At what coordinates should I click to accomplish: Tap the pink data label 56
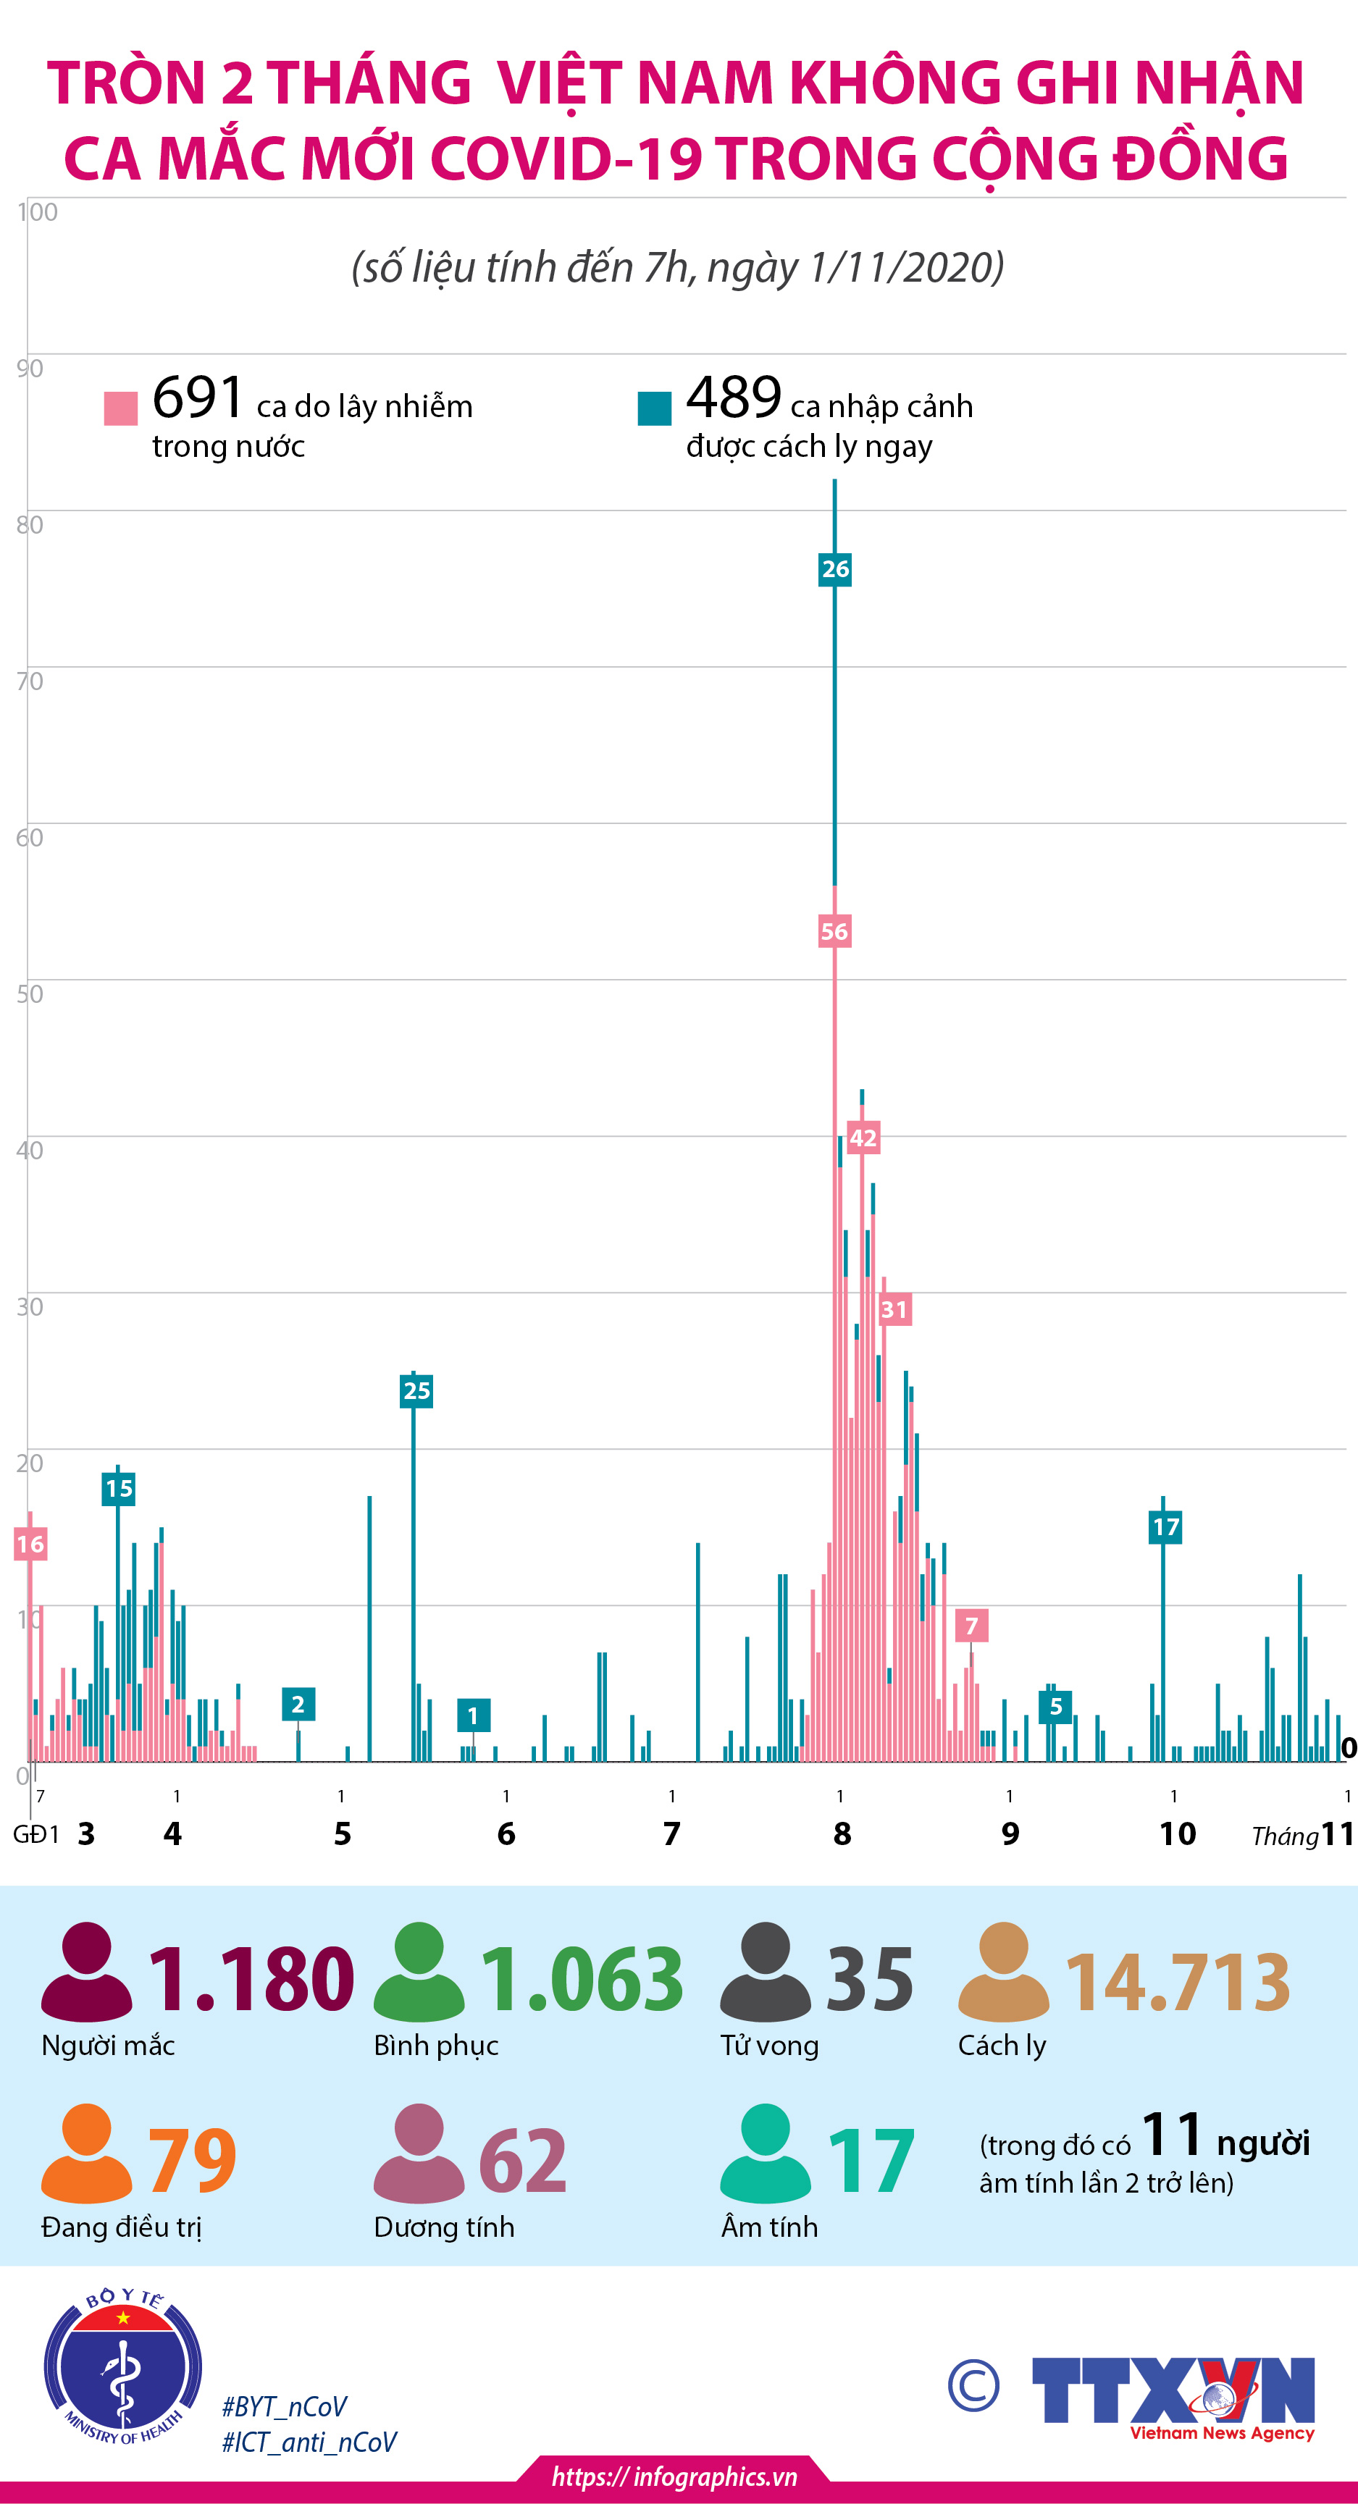[x=834, y=931]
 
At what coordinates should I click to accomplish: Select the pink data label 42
[x=863, y=1138]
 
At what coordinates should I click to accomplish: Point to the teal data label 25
[x=416, y=1390]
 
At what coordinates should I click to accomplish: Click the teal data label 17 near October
[x=1165, y=1526]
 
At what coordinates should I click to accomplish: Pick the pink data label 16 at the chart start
[x=30, y=1544]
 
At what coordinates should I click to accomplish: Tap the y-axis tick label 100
[x=37, y=212]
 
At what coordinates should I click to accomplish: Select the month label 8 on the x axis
[x=842, y=1833]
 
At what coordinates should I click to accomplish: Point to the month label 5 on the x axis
[x=342, y=1833]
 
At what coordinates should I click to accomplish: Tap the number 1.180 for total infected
[x=251, y=1978]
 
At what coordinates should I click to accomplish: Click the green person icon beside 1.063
[x=419, y=1972]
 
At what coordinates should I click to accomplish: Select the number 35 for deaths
[x=869, y=1978]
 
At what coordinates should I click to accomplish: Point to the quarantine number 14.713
[x=1178, y=1981]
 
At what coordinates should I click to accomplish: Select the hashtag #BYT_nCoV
[x=284, y=2407]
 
